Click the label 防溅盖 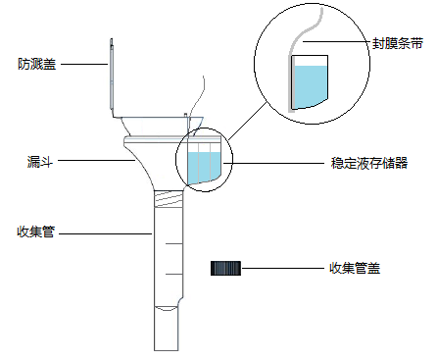(36, 65)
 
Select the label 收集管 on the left (36, 232)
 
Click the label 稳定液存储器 (369, 162)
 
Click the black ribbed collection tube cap (226, 268)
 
